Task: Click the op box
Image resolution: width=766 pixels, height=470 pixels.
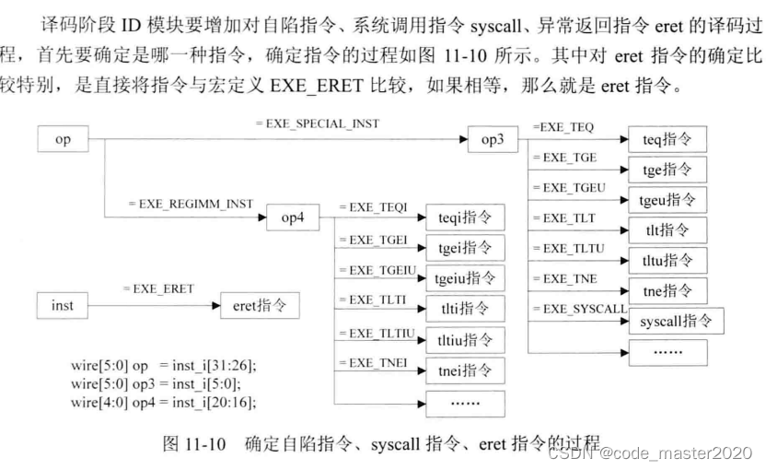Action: coord(64,141)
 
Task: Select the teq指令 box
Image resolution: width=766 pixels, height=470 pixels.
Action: coord(667,140)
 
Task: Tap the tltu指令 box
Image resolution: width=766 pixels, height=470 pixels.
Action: coord(667,261)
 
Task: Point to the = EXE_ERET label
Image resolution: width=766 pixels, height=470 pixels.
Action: coord(158,288)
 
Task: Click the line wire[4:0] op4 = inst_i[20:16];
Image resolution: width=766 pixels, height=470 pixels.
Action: coord(163,402)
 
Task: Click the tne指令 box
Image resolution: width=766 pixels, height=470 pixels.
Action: coord(667,290)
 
